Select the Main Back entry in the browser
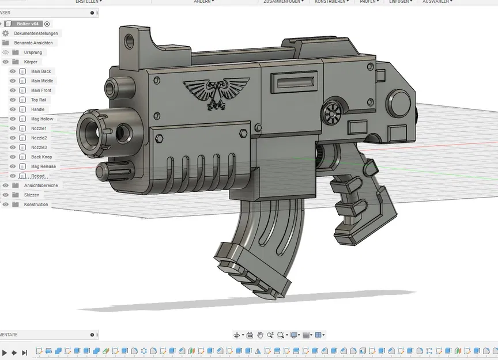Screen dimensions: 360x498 (x=41, y=71)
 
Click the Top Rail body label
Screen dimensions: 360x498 (x=39, y=100)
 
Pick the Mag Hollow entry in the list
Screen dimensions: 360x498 (x=42, y=119)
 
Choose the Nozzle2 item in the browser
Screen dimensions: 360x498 (x=39, y=138)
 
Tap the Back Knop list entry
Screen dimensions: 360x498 (x=41, y=157)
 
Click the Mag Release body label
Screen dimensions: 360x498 (x=43, y=166)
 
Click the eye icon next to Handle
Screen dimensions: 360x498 (x=13, y=109)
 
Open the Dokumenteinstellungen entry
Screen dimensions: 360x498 (x=36, y=33)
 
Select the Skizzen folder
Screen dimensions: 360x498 (x=32, y=195)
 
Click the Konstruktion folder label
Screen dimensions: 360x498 (x=36, y=204)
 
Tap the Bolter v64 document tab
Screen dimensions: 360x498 (x=27, y=24)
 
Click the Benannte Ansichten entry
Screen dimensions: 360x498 (x=33, y=43)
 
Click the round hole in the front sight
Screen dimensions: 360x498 (x=129, y=41)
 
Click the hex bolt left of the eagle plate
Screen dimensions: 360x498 (x=159, y=138)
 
